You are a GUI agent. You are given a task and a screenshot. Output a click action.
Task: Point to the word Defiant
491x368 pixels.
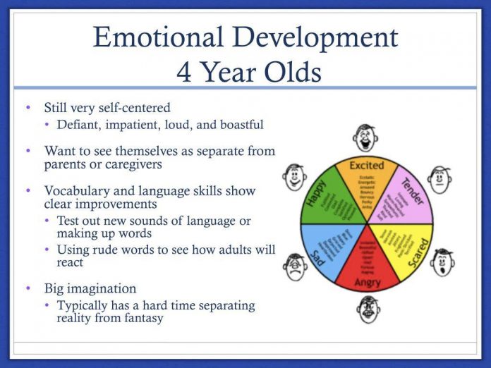(80, 125)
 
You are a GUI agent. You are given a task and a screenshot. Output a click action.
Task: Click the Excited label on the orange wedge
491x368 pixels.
(366, 165)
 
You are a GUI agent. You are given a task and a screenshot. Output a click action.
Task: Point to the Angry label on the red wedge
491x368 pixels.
(367, 281)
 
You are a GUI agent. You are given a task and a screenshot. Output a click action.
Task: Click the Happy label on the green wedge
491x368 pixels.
(315, 192)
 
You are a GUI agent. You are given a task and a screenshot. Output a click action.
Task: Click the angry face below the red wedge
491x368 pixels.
(366, 309)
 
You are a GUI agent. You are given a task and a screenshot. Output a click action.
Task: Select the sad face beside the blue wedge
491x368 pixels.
(295, 266)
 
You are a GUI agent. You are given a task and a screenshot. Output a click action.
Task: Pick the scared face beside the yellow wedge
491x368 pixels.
(443, 262)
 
